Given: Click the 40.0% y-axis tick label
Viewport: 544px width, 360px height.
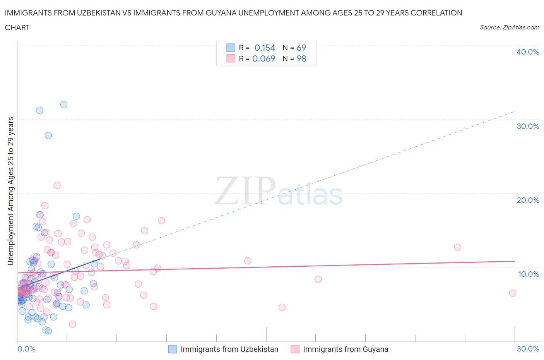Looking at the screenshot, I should [x=527, y=52].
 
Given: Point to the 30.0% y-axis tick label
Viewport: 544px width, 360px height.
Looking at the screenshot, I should [x=527, y=126].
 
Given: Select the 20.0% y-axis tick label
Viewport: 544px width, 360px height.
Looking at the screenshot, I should [x=527, y=200].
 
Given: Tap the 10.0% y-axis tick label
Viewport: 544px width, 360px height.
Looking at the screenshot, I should [x=528, y=274].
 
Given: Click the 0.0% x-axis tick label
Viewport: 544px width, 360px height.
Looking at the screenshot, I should [x=26, y=349].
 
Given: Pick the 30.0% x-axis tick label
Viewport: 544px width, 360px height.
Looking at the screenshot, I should [x=528, y=349].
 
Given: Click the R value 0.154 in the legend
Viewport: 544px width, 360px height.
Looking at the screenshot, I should [x=265, y=48].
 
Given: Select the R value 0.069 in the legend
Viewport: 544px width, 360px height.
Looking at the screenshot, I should [x=263, y=58].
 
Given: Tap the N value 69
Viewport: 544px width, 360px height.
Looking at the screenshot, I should [x=301, y=48].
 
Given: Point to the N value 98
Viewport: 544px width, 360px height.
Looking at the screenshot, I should [x=301, y=58].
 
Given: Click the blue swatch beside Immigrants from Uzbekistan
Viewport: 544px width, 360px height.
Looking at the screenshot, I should [x=173, y=349].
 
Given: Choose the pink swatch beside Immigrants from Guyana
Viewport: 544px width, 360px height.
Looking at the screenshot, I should [x=295, y=349].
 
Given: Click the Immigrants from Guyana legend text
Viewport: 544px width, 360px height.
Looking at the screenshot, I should [x=346, y=349].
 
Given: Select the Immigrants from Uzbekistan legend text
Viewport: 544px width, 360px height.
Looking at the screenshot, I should [x=229, y=349].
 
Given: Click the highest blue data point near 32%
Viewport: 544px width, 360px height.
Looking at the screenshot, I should [x=64, y=105].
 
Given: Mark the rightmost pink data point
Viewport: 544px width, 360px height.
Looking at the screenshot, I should [x=513, y=293].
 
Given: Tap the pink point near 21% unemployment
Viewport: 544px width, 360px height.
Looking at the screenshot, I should [x=57, y=185].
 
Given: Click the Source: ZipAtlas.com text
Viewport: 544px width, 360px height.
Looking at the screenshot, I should [x=509, y=27].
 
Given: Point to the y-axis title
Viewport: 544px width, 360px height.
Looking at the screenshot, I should [x=10, y=191].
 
